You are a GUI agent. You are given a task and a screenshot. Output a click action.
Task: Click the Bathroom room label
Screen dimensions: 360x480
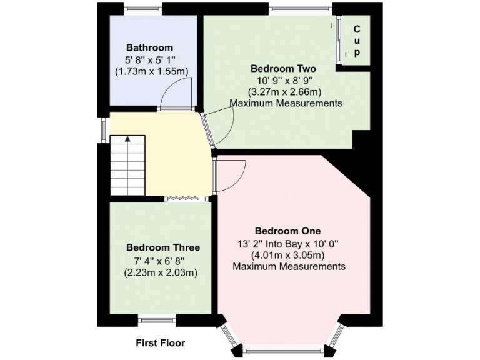click(x=149, y=47)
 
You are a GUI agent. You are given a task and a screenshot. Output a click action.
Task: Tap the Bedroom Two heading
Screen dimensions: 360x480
click(x=282, y=68)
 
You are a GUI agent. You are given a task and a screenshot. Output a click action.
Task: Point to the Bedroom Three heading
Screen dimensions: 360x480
click(x=162, y=247)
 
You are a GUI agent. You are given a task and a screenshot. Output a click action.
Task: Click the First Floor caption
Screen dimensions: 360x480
click(x=161, y=343)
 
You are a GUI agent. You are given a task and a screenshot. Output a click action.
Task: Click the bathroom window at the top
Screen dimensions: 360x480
click(x=143, y=8)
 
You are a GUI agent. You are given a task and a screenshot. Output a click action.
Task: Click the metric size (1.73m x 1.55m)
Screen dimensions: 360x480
click(x=151, y=71)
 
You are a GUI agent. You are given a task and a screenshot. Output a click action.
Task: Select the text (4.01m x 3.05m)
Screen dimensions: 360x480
click(x=288, y=255)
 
